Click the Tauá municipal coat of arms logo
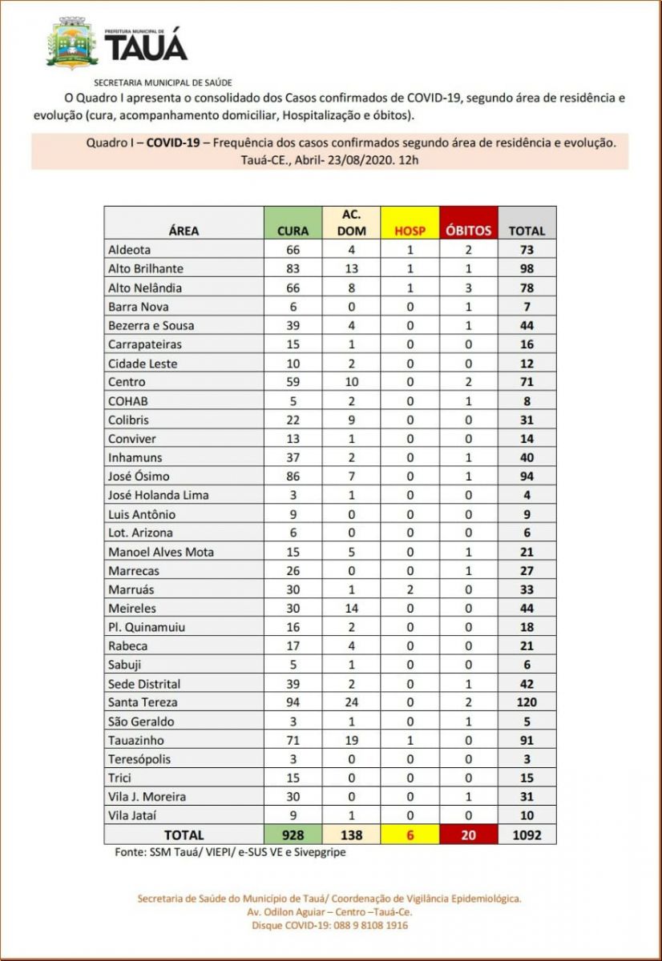(72, 45)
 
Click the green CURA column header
(293, 223)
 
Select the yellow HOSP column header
(410, 223)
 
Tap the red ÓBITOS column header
(469, 223)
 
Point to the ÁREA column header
(184, 231)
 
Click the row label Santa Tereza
(143, 702)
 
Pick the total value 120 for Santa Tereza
(527, 702)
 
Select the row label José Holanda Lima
(158, 495)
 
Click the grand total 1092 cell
(527, 834)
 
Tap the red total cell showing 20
(469, 834)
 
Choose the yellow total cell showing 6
(410, 834)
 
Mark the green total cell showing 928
(293, 834)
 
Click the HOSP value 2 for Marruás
(410, 589)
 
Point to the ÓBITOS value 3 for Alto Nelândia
(469, 287)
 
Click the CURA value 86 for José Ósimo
(293, 476)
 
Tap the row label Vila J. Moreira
(147, 797)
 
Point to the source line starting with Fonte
(230, 852)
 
